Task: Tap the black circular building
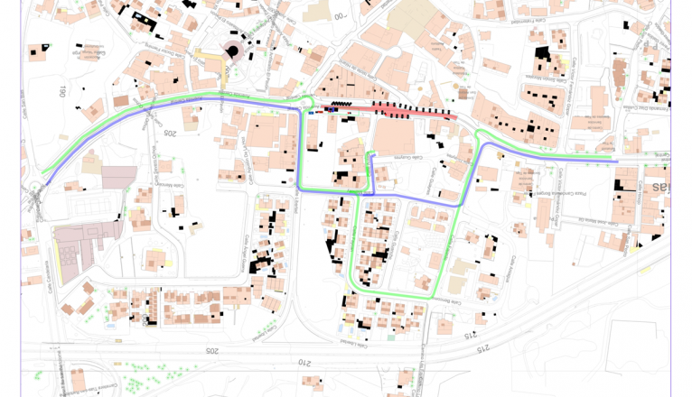point(232,51)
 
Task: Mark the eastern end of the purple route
point(616,162)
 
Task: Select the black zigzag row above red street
point(343,105)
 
